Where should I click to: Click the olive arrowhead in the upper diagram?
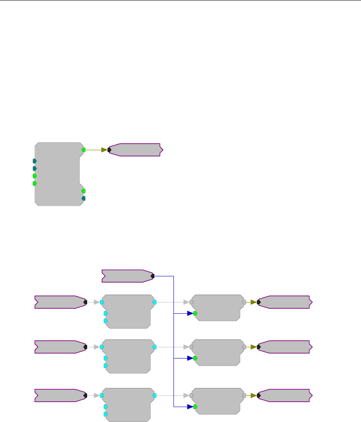click(x=104, y=150)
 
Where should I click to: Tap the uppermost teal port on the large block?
click(x=35, y=161)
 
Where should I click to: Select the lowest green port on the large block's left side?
click(x=35, y=183)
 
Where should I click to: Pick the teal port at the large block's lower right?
click(x=83, y=198)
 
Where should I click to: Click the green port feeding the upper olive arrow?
click(x=83, y=150)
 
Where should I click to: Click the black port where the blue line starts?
click(x=152, y=276)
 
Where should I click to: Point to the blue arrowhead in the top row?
click(x=190, y=313)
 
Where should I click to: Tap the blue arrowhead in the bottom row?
click(x=190, y=407)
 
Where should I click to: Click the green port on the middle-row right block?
click(x=195, y=358)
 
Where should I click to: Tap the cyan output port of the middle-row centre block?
click(x=155, y=346)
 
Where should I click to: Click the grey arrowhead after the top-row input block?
click(x=97, y=302)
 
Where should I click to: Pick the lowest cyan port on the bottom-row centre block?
click(x=105, y=414)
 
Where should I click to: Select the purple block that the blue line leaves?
click(x=127, y=276)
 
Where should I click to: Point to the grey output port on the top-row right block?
click(x=244, y=302)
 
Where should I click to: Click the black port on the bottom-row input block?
click(x=85, y=395)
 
